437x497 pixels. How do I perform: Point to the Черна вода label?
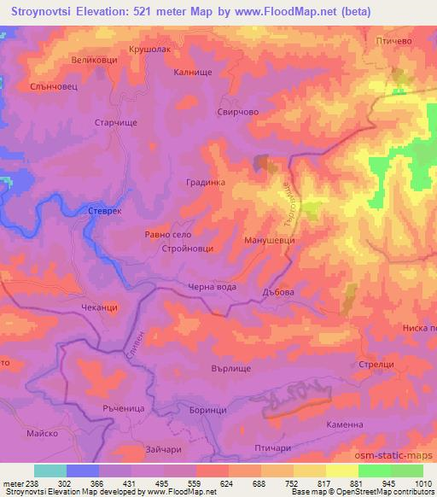[213, 287]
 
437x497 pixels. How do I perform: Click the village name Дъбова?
[278, 292]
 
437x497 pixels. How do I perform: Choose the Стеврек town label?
[106, 210]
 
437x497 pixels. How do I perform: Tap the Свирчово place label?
[238, 112]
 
